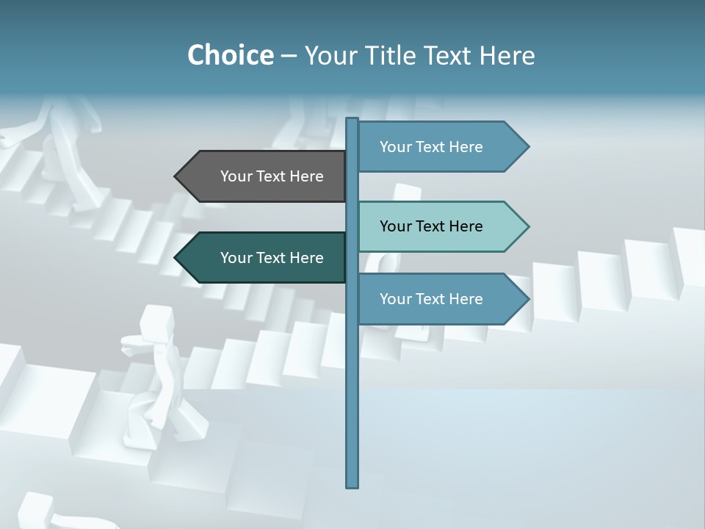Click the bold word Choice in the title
(230, 55)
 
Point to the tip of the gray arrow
(176, 176)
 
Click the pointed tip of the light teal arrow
(527, 226)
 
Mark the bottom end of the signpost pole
(352, 485)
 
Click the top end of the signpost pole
(352, 120)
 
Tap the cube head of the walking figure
(156, 321)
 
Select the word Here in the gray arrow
(306, 176)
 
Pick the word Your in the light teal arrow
(394, 226)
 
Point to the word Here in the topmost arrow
(466, 147)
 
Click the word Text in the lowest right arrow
(429, 299)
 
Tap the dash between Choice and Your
(289, 56)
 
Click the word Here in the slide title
(507, 55)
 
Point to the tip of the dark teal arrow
(176, 258)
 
